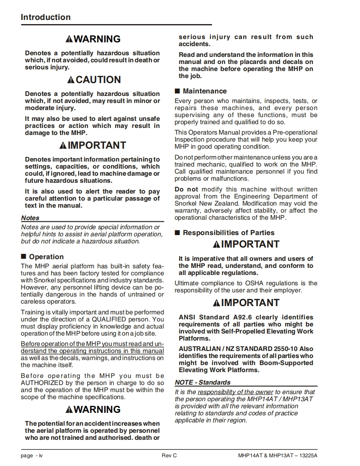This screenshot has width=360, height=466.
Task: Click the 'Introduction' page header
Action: (x=46, y=17)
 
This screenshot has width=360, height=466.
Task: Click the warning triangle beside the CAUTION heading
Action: (x=71, y=80)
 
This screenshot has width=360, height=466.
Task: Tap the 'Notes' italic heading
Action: (x=30, y=218)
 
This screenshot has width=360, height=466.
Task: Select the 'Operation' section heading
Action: (x=46, y=257)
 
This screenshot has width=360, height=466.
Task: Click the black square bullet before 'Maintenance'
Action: (x=177, y=91)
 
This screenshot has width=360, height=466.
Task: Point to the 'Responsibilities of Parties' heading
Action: (x=229, y=233)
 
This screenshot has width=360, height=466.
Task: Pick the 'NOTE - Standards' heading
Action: (x=202, y=382)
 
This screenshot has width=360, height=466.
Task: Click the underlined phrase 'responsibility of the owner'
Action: (x=235, y=392)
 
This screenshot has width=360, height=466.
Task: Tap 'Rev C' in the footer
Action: (x=169, y=456)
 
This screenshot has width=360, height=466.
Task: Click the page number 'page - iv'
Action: (x=32, y=456)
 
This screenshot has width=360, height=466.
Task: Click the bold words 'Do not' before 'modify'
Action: (x=186, y=189)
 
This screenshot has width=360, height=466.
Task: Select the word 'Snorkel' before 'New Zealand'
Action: (x=185, y=204)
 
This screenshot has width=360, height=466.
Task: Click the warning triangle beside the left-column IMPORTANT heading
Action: (x=63, y=145)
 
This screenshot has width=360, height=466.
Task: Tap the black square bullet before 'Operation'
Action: (x=23, y=257)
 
